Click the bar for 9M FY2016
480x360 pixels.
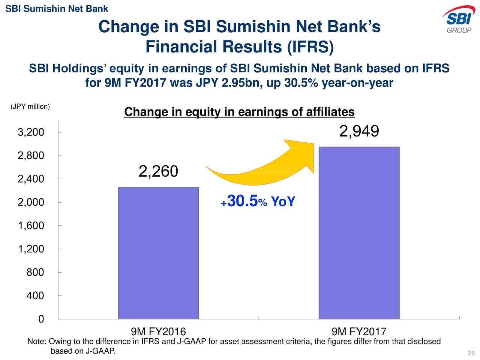click(158, 253)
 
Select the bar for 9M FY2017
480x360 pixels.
click(359, 233)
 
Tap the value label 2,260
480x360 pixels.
click(158, 171)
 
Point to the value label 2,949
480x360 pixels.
click(359, 131)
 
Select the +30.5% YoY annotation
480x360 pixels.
click(258, 201)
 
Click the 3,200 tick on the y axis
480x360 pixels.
click(31, 132)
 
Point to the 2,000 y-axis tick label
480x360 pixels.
click(31, 202)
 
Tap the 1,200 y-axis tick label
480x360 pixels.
click(31, 249)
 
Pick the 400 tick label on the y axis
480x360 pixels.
click(35, 296)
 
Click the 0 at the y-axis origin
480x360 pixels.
click(41, 319)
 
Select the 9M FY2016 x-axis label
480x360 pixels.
click(158, 331)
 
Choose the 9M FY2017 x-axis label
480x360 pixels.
click(359, 331)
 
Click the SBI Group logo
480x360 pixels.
click(459, 19)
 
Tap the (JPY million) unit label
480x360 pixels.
click(30, 106)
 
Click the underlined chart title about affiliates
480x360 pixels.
click(239, 112)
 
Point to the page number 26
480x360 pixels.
click(471, 353)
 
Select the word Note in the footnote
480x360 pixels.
click(35, 342)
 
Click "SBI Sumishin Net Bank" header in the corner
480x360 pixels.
click(57, 9)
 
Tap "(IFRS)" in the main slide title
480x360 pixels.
click(310, 47)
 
